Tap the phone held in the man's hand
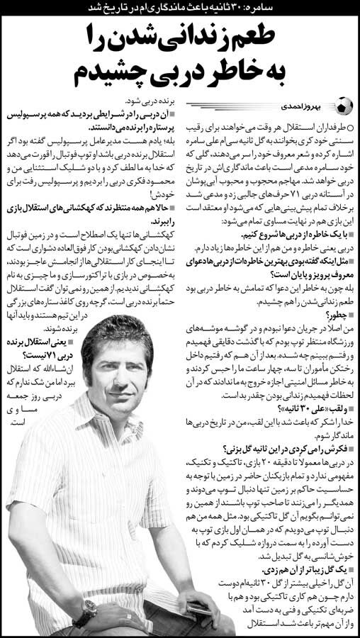(198, 608)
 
